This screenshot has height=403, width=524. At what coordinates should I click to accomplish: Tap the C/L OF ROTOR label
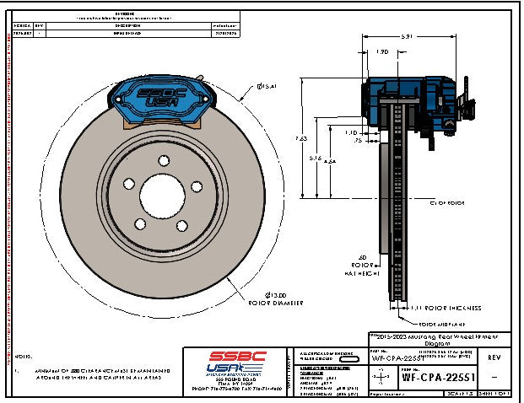pos(446,203)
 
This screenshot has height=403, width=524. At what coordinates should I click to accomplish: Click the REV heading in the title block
pos(492,356)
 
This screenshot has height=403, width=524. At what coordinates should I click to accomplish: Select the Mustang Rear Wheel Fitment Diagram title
pos(439,339)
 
